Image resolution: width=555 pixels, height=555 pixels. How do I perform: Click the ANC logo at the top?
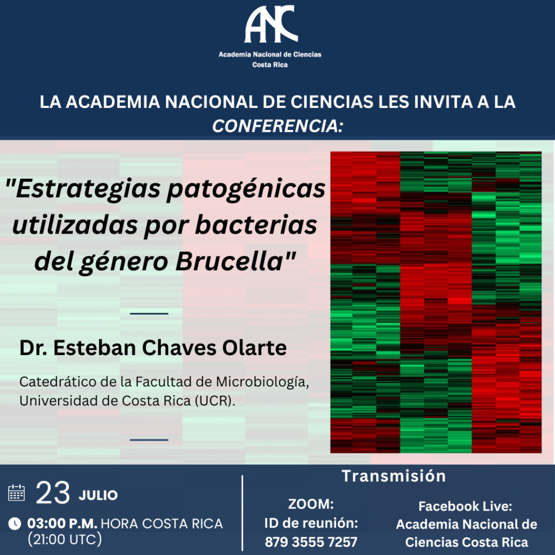point(271,24)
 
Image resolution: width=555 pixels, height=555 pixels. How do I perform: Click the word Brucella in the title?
point(229,261)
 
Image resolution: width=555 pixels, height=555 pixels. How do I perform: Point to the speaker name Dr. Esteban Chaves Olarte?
point(153,347)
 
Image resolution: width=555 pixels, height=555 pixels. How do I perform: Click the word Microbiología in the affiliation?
point(262,382)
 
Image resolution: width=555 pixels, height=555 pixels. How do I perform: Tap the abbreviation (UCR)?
point(215,401)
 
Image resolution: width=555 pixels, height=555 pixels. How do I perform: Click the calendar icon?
point(16,493)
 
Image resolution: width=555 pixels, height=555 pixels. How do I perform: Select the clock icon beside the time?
point(15,524)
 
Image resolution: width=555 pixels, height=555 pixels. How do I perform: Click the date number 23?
point(53,493)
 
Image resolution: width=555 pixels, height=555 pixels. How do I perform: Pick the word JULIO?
point(98,495)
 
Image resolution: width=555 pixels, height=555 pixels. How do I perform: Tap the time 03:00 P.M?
point(62,524)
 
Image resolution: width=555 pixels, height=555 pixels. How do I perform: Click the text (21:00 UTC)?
point(65,539)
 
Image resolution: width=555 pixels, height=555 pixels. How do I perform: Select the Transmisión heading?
point(393,476)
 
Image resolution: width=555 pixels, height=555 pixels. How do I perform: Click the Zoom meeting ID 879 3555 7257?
point(311,542)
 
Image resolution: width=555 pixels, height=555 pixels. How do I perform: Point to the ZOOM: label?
point(311,504)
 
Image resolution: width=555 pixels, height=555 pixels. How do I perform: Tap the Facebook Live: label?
point(465,507)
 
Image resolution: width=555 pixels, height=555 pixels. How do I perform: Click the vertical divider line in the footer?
point(242,513)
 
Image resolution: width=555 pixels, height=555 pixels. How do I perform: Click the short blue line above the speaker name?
point(149,314)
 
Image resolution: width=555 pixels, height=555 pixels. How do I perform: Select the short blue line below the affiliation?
point(149,440)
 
